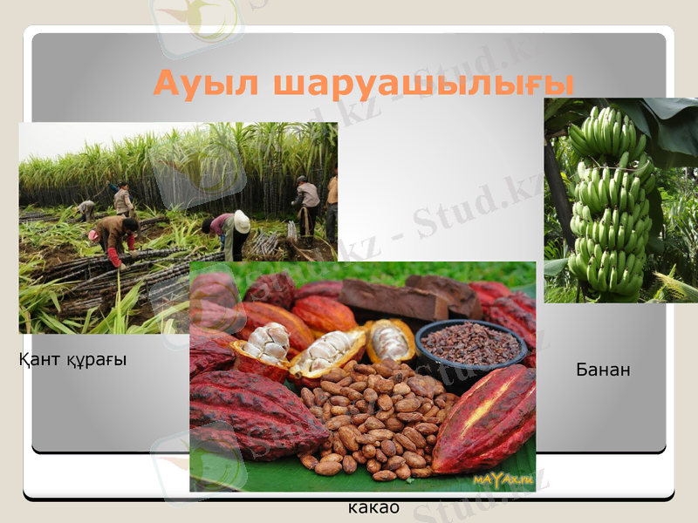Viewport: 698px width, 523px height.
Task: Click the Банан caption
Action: (603, 370)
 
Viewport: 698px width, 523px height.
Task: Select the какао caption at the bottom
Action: (373, 507)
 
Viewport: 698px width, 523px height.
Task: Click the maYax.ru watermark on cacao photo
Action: (503, 479)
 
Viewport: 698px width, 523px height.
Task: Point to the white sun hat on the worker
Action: (242, 221)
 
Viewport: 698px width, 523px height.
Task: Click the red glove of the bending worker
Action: (114, 258)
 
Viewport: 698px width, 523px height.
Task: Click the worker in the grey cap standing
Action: (306, 205)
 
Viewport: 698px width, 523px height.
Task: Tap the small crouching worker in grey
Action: (86, 209)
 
